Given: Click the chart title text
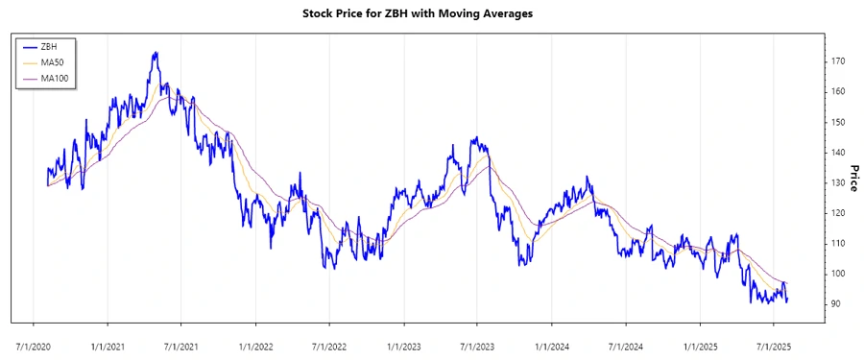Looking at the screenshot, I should click(432, 13).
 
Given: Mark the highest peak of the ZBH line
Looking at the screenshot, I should click(156, 53).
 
